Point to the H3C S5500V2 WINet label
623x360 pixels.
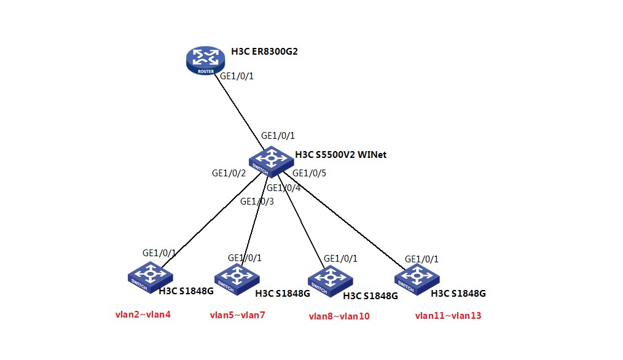pos(341,155)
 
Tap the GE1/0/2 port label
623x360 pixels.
pos(229,174)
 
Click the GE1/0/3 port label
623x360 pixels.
pos(257,201)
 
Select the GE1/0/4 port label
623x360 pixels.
pos(283,188)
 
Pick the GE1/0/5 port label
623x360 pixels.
pos(309,173)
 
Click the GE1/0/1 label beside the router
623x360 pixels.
pos(237,76)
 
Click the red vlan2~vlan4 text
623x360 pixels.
pos(143,315)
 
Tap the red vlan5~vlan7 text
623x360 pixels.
pos(238,316)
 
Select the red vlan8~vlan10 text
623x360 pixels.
pos(339,316)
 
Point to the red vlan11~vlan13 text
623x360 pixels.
pos(448,316)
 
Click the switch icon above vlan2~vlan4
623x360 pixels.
pos(148,275)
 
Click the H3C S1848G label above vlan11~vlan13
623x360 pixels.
pos(458,294)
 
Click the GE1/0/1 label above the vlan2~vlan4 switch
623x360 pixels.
pos(159,252)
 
